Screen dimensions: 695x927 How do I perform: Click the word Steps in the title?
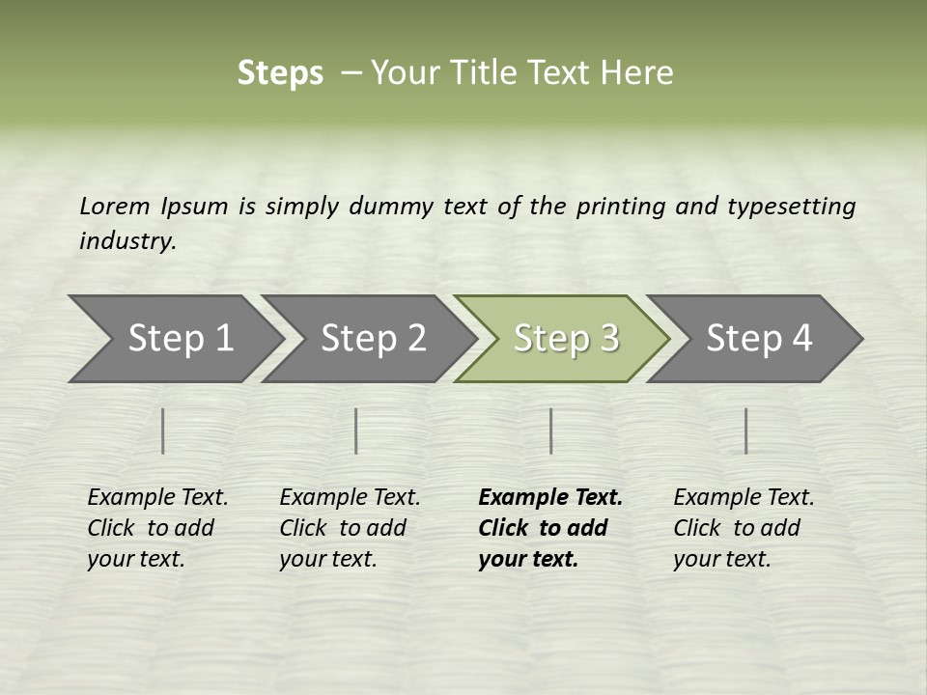(280, 73)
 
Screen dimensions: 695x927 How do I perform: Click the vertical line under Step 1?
(163, 431)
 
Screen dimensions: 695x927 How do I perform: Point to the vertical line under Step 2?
(356, 431)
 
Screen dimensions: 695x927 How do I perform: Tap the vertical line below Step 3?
(550, 431)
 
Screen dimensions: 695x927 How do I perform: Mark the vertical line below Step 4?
(745, 431)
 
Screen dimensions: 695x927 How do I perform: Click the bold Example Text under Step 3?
(550, 498)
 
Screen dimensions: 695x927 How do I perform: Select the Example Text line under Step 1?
(157, 498)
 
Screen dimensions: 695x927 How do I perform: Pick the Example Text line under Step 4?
(744, 498)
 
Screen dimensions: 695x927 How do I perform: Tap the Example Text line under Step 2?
(350, 498)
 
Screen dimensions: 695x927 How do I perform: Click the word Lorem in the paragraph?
(115, 206)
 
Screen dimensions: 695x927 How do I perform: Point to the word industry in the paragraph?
(126, 241)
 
